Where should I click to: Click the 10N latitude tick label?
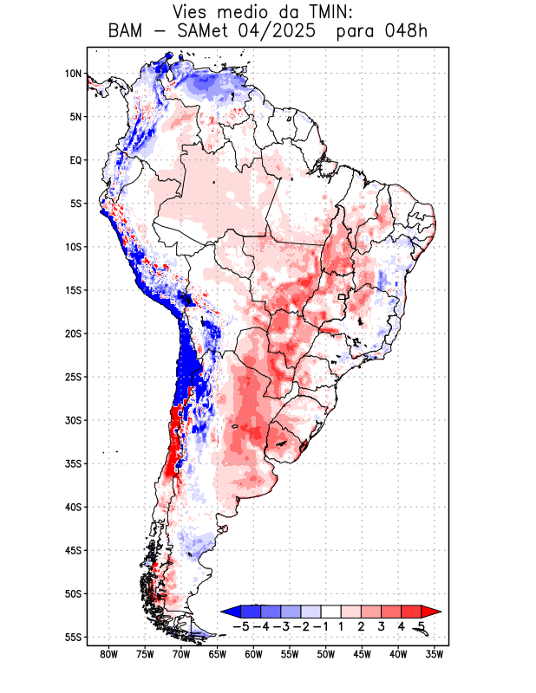click(73, 74)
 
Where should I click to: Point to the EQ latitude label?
click(75, 160)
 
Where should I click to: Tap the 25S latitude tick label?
click(73, 377)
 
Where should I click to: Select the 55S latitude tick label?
click(73, 637)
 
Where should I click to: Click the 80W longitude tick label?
click(109, 654)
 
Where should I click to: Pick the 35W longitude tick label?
click(435, 654)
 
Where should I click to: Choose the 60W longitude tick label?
click(254, 654)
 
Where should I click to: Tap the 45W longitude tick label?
click(363, 654)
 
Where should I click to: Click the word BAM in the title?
click(127, 32)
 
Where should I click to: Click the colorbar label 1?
click(342, 625)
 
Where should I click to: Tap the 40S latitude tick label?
click(73, 507)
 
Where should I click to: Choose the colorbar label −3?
click(281, 625)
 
